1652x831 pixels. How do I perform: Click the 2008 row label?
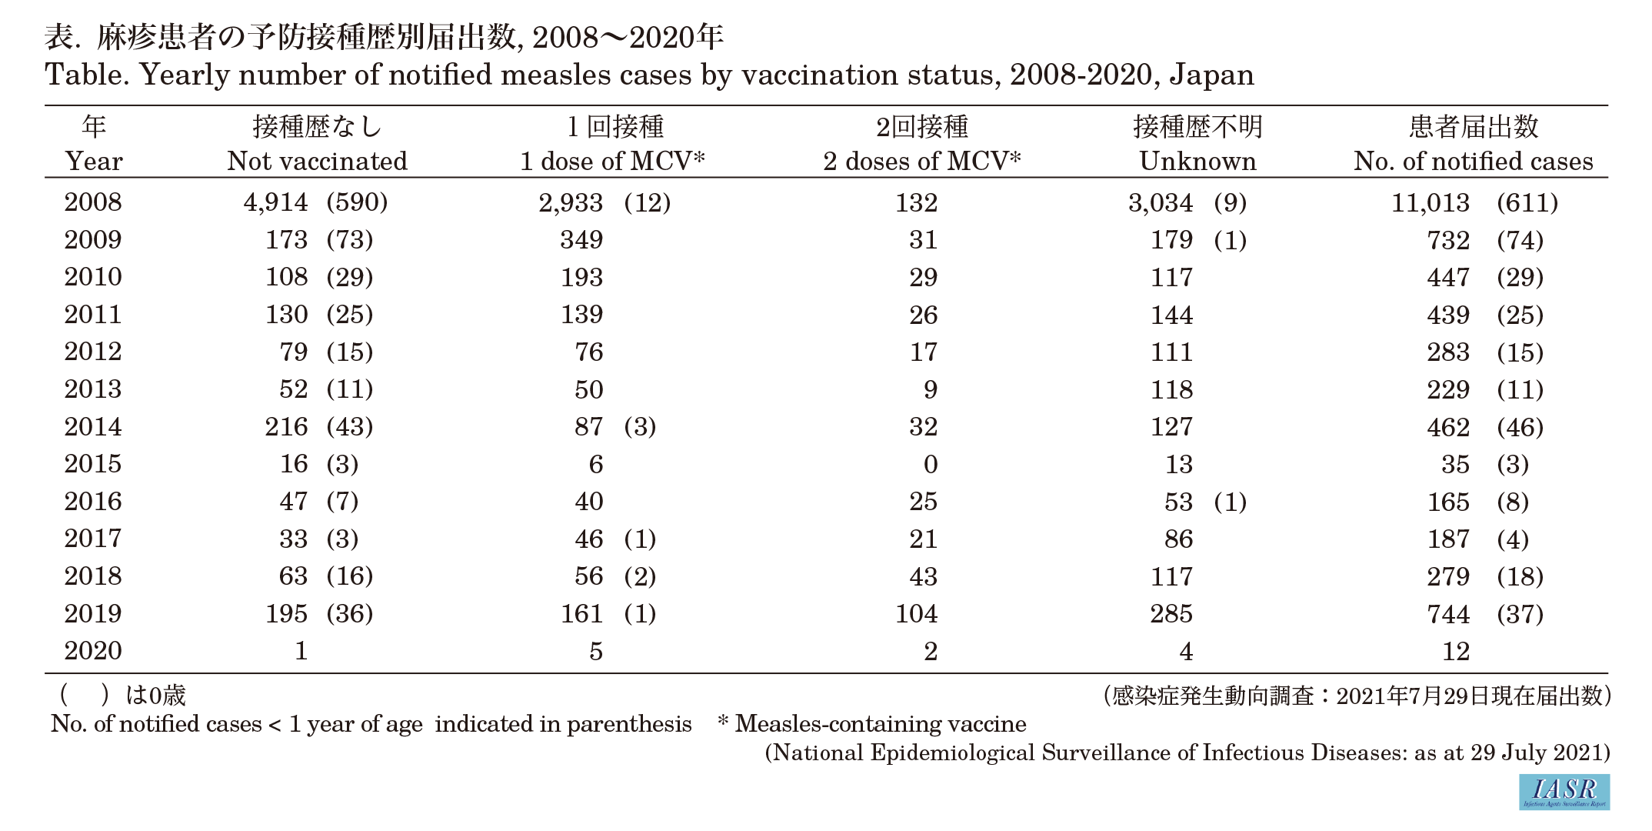[x=93, y=202]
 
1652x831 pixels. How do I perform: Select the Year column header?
[x=94, y=161]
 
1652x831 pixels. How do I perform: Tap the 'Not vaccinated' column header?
[x=318, y=161]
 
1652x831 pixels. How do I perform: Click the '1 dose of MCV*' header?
[x=612, y=161]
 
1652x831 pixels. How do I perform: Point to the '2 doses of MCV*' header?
[x=922, y=161]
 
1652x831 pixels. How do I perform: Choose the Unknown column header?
[x=1197, y=161]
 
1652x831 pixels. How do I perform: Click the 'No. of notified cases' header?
[x=1474, y=161]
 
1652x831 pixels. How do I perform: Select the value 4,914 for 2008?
[x=276, y=202]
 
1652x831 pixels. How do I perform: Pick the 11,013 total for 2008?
[x=1431, y=202]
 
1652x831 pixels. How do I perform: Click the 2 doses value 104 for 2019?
[x=917, y=614]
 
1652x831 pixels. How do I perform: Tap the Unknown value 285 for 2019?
[x=1171, y=614]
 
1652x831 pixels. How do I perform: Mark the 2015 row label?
[x=93, y=464]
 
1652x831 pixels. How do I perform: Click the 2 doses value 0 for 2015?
[x=931, y=464]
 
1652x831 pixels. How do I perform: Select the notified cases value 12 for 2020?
[x=1456, y=652]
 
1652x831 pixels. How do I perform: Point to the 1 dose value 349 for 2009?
[x=582, y=240]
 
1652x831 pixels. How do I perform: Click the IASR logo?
[x=1564, y=792]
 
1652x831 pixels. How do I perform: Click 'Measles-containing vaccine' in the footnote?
[x=881, y=724]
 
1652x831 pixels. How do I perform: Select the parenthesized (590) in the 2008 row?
[x=358, y=202]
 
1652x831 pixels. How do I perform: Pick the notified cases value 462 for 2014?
[x=1448, y=427]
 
